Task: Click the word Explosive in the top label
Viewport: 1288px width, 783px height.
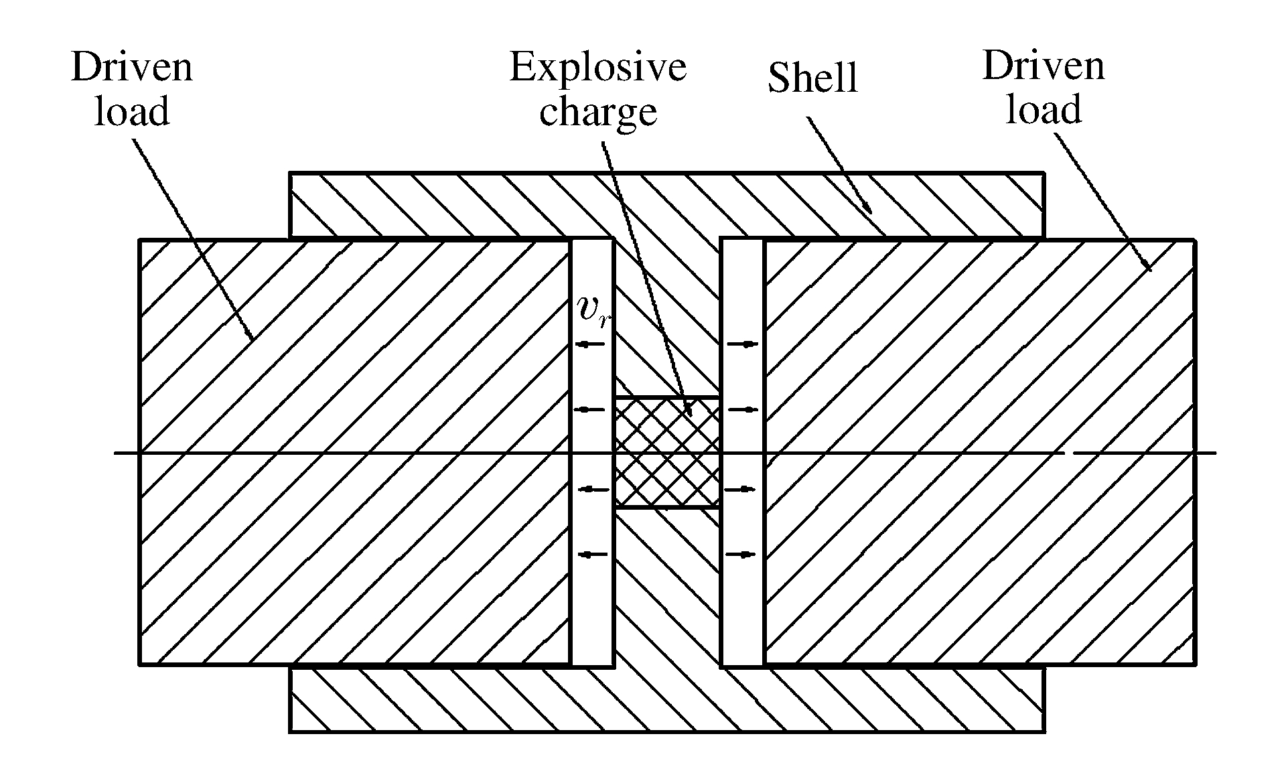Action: pos(597,68)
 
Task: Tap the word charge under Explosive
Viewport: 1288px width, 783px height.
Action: pos(597,112)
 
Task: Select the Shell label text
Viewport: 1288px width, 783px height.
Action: pos(812,78)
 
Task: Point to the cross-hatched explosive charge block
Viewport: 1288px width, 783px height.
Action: pos(666,452)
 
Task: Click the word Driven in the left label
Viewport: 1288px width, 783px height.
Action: pos(132,68)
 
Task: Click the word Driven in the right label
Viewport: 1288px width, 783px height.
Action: pos(1043,66)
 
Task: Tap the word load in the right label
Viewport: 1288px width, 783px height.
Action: pos(1043,109)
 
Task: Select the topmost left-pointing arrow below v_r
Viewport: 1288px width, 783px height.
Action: pos(591,344)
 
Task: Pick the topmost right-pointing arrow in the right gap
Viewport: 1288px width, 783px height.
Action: pos(742,344)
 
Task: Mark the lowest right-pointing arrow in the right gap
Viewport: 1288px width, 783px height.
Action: pos(741,554)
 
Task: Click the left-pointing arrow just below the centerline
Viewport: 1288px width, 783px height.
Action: pos(593,490)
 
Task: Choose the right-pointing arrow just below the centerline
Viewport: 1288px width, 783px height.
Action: pos(739,490)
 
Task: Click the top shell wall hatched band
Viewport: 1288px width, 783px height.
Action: pos(666,204)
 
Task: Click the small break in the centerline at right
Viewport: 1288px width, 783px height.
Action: pos(1069,453)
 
